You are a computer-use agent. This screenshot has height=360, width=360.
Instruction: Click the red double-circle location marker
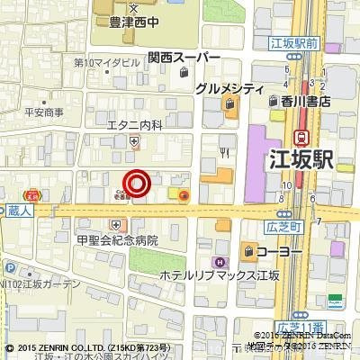coord(137,184)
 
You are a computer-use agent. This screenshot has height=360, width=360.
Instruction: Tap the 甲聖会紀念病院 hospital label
coord(117,240)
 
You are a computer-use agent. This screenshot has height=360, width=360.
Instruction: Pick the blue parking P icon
coord(8,266)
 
